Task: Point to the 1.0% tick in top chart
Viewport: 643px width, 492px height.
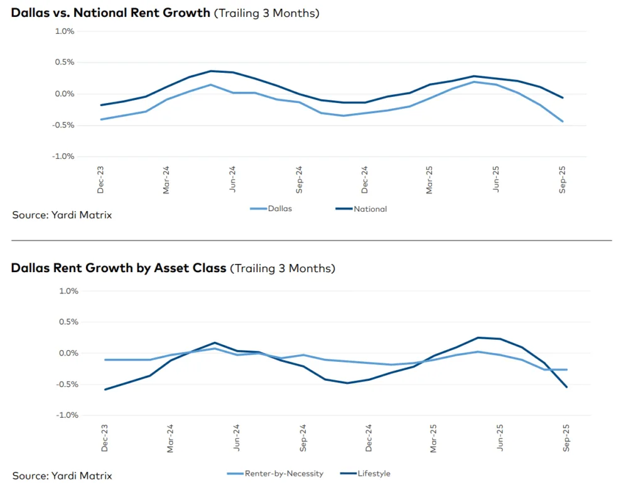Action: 65,31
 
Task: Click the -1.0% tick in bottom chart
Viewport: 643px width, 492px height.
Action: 68,415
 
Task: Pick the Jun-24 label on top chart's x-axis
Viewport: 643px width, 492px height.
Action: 233,178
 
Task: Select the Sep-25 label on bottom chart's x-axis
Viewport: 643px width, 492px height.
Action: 566,437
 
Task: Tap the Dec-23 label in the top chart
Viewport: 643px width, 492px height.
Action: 101,178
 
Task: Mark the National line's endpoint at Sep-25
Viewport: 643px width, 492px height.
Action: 563,97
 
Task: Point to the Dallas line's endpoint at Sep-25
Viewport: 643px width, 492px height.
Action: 563,121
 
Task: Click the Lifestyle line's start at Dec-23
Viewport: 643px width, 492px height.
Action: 105,389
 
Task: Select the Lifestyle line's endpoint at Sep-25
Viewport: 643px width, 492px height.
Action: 566,387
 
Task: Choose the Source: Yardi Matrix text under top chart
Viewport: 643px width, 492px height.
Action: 62,215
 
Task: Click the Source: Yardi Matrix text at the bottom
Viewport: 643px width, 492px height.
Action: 62,476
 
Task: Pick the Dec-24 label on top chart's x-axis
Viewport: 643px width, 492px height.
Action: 365,178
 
